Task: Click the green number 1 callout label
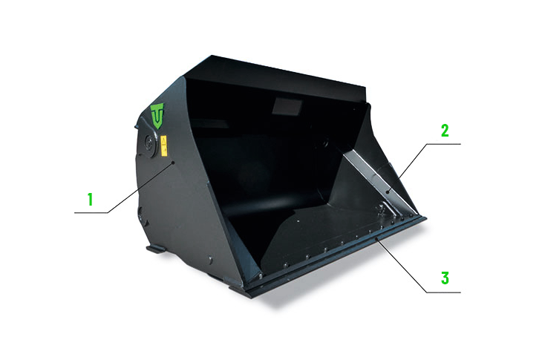91,200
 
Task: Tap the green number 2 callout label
445,130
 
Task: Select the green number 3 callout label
445,278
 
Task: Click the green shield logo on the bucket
157,116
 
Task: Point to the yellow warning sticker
164,145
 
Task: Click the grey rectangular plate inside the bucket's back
287,105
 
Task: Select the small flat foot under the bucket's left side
156,249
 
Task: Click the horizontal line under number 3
443,292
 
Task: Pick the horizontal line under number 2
443,144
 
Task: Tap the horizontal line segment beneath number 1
91,212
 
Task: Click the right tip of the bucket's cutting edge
426,218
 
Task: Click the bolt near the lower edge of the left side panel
210,260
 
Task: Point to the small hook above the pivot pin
135,126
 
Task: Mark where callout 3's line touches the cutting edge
378,239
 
